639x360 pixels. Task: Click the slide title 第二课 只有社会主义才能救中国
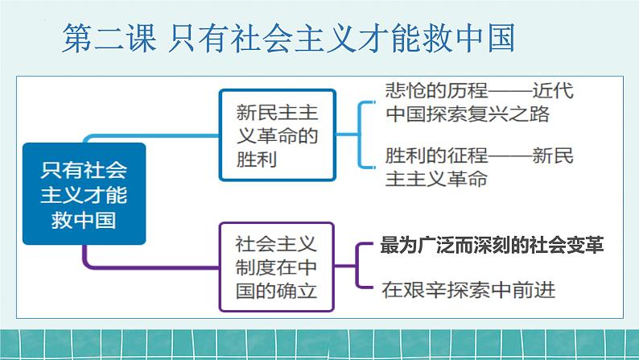pyautogui.click(x=287, y=37)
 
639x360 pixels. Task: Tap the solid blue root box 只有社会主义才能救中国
pyautogui.click(x=84, y=193)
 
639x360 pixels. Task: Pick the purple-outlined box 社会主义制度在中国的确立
pyautogui.click(x=278, y=267)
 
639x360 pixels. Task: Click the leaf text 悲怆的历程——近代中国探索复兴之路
pyautogui.click(x=480, y=101)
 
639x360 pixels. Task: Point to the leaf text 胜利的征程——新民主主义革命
pyautogui.click(x=480, y=167)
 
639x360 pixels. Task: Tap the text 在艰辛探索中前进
pyautogui.click(x=469, y=288)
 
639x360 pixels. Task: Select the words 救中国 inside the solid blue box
pyautogui.click(x=84, y=217)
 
